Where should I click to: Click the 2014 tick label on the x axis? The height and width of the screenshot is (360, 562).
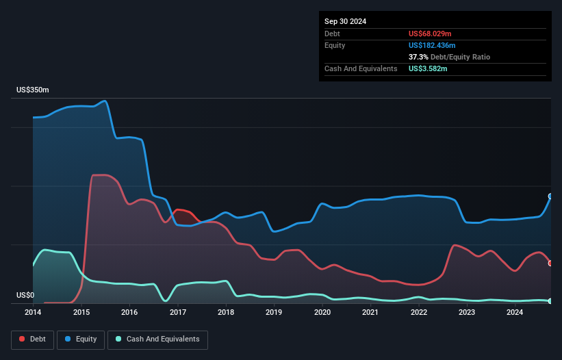coord(33,312)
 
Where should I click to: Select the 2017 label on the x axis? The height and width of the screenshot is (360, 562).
coord(177,312)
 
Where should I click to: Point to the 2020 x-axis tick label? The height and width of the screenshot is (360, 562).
coord(322,312)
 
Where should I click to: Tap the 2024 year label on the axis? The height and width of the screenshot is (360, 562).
coord(515,312)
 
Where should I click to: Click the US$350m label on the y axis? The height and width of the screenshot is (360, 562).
coord(33,90)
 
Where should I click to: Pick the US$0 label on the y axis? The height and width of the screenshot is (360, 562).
coord(25,296)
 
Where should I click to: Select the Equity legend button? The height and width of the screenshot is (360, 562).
coord(80,339)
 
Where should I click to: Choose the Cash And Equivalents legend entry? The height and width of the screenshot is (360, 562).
coord(157,339)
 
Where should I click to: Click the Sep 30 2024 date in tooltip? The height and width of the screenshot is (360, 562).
coord(346,21)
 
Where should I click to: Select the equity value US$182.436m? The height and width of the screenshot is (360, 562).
coord(435,45)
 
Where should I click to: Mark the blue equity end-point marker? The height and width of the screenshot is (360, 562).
coord(550,196)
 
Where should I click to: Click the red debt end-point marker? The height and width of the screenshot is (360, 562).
coord(550,263)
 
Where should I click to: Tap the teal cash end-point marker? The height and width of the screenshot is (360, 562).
coord(550,301)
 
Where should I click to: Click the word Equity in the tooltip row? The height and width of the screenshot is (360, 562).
coord(335,45)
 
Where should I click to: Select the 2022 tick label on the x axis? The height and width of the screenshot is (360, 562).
coord(418,312)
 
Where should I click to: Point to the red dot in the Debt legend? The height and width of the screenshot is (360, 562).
coord(23,339)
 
